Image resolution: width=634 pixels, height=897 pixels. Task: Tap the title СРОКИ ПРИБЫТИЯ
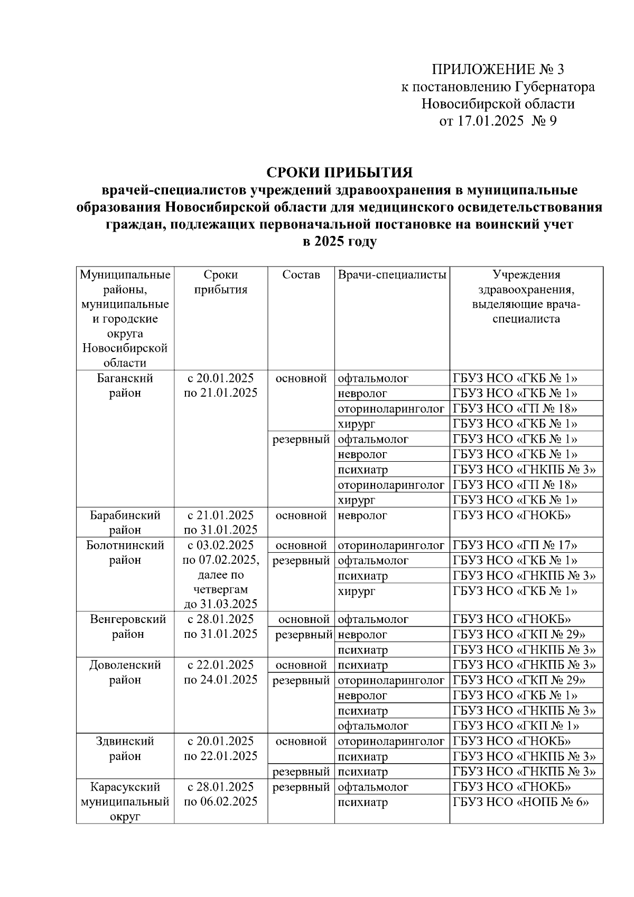click(x=339, y=173)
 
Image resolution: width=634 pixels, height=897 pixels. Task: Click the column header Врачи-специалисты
click(x=392, y=274)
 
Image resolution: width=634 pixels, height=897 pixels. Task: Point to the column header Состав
click(x=301, y=274)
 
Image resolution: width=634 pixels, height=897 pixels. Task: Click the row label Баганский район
click(x=125, y=386)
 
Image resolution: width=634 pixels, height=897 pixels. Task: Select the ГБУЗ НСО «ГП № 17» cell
click(x=515, y=545)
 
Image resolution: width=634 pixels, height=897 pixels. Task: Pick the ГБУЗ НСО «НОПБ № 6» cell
click(x=521, y=802)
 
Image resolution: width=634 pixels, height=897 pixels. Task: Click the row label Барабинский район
click(x=125, y=522)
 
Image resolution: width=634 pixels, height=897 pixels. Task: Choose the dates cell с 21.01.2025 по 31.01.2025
click(x=220, y=522)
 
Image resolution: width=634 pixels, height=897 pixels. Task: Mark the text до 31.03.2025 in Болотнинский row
click(x=220, y=604)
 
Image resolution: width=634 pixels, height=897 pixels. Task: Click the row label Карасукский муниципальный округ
click(x=125, y=802)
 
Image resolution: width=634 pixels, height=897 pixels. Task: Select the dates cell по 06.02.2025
click(x=220, y=802)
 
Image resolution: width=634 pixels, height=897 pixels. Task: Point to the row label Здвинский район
click(x=125, y=748)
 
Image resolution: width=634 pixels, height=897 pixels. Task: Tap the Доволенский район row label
click(x=125, y=672)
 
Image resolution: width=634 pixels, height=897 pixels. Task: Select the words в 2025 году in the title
click(x=339, y=242)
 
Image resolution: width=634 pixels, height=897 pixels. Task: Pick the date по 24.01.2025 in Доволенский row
click(x=220, y=680)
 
